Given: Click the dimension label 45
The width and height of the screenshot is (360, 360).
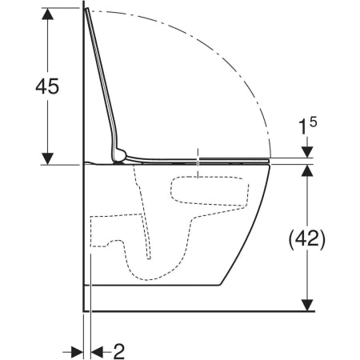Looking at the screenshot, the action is coord(47,86).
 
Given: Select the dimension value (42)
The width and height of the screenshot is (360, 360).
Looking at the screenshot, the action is coord(307,238).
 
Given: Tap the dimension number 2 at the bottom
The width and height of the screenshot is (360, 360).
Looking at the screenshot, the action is coord(119,351).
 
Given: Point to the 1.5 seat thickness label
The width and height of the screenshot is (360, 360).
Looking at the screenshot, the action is coord(307,126).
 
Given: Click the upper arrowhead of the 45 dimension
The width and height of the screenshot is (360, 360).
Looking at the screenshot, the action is coord(48,14).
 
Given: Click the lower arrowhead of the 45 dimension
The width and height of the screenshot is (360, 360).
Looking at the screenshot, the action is coord(48,158).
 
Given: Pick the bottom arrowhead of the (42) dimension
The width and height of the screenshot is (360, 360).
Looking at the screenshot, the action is coord(307,305).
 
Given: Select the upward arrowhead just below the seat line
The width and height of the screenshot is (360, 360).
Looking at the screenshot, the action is coord(307,170).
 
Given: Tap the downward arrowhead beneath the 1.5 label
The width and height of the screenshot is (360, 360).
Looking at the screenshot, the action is coord(307,152).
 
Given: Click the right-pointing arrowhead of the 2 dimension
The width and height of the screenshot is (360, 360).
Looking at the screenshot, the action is coord(77,352).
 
